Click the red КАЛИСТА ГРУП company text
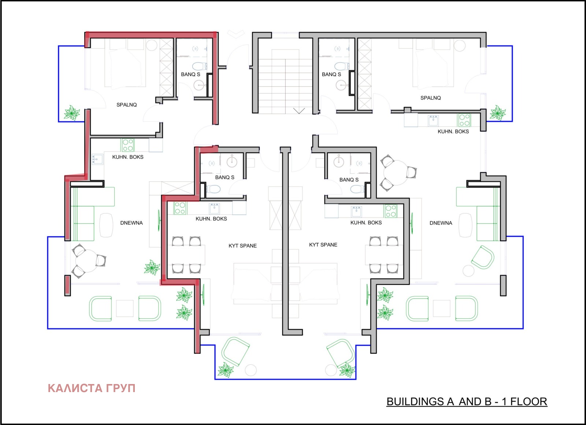(92, 388)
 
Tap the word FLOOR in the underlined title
(529, 402)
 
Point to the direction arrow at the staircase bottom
(299, 111)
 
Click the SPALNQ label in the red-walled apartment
(127, 105)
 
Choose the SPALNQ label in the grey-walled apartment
(431, 98)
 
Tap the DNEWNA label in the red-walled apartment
(131, 223)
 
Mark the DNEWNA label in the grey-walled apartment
(441, 223)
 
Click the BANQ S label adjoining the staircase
(331, 75)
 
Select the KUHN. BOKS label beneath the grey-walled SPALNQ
(453, 131)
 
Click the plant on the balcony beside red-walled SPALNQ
(72, 113)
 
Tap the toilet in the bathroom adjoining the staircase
(341, 66)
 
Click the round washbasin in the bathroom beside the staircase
(341, 85)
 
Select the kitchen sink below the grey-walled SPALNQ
(434, 121)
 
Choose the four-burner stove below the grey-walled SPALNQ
(464, 120)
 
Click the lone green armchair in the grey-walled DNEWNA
(483, 257)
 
